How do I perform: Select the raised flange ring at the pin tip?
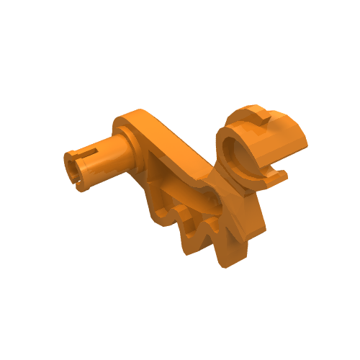78,170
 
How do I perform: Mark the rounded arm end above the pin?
137,120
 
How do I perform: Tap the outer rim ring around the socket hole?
225,162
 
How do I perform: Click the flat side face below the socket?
248,216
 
